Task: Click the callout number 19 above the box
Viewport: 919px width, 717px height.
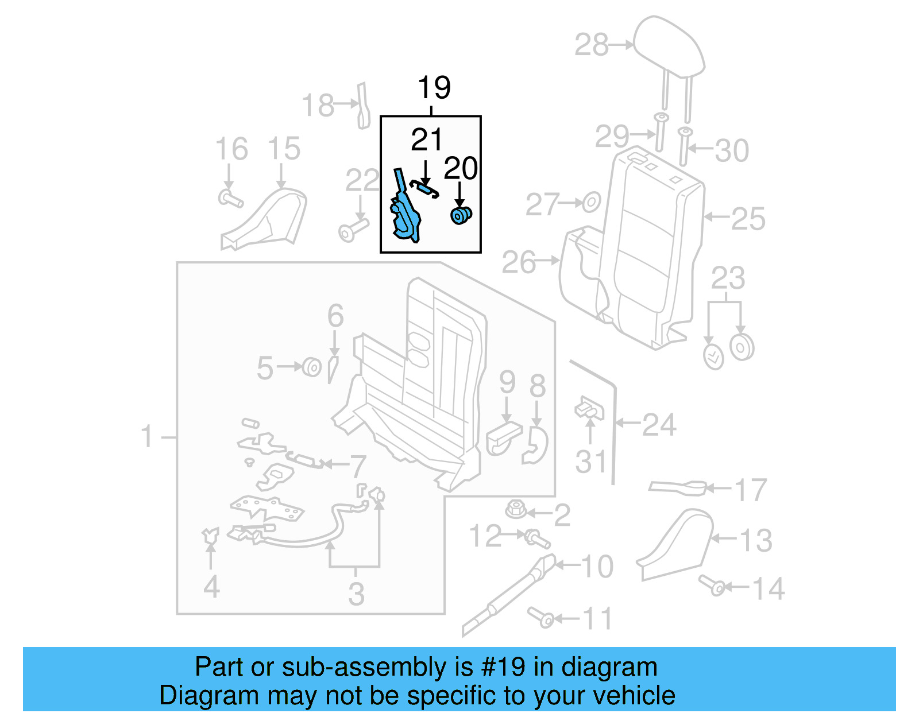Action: pos(434,88)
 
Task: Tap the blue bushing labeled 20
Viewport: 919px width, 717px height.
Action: pos(460,216)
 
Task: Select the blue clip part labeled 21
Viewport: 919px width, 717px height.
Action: pos(424,186)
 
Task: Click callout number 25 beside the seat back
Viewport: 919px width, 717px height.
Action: pos(748,219)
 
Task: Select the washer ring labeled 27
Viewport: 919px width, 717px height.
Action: pos(591,202)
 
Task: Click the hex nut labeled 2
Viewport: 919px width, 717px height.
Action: pos(516,509)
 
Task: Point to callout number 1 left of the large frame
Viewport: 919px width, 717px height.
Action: pos(147,436)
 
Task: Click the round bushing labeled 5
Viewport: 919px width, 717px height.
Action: pos(311,366)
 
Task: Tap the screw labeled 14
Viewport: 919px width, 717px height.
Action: pos(712,585)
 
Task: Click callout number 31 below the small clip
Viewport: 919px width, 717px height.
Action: pos(591,462)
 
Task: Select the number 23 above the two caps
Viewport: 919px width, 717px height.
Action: pos(728,278)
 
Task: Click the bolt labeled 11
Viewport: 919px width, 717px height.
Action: pos(540,617)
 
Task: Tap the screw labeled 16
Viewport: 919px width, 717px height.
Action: pos(230,199)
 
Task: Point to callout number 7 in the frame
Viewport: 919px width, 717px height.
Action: pos(358,466)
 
